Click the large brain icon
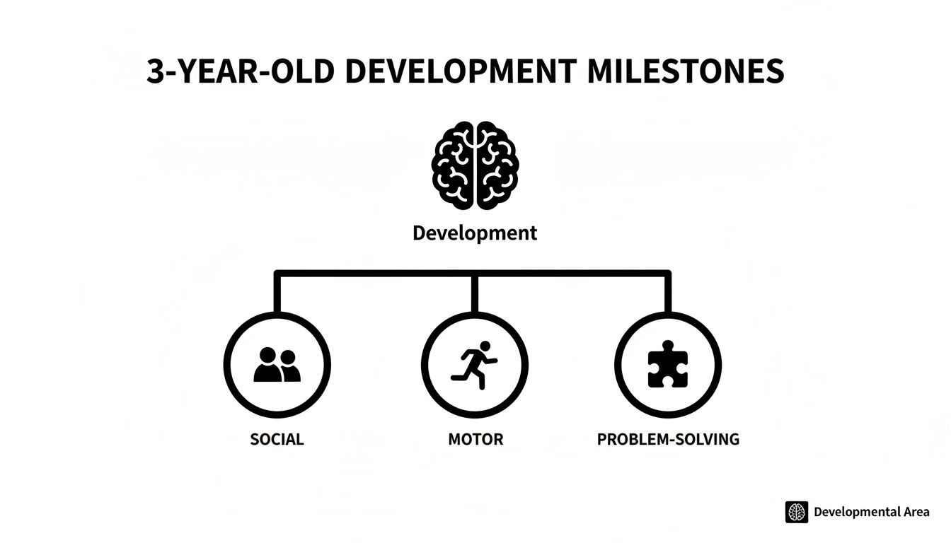coord(475,165)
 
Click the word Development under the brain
coord(475,233)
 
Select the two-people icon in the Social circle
coord(277,365)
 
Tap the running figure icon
coord(475,364)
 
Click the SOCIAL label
coord(277,439)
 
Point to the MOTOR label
coord(475,439)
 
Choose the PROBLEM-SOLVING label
coord(668,439)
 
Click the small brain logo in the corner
coord(797,512)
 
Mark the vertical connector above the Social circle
coord(277,292)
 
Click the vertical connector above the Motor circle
coord(475,292)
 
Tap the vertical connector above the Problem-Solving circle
coord(667,292)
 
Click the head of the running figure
coord(485,346)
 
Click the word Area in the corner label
coord(916,512)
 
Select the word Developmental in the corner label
coord(856,512)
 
